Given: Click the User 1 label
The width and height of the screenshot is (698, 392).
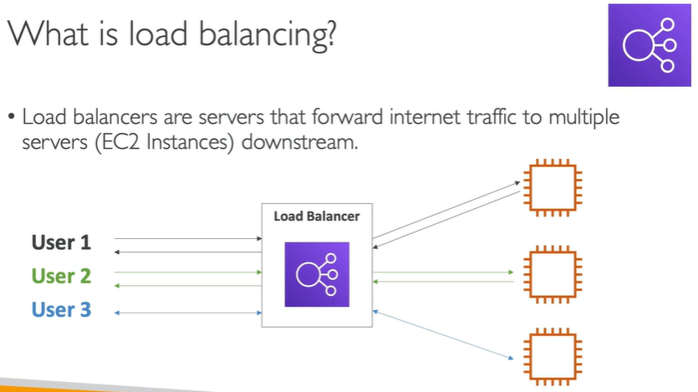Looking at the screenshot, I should [61, 243].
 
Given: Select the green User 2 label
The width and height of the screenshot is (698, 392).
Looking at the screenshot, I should [61, 276].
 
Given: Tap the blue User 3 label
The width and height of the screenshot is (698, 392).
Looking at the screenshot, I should [61, 310].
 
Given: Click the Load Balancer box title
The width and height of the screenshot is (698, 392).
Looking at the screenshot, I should [317, 216].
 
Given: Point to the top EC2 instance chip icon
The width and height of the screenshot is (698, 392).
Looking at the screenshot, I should [551, 186].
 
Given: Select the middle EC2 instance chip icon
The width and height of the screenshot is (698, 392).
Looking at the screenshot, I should [551, 272].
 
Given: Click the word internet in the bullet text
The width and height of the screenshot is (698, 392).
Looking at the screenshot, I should [392, 118].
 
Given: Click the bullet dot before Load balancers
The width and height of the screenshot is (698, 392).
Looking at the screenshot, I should [12, 118].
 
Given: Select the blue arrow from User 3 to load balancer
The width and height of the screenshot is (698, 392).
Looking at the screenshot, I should [188, 312].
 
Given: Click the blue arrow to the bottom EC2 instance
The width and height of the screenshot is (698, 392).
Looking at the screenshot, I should [443, 334].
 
